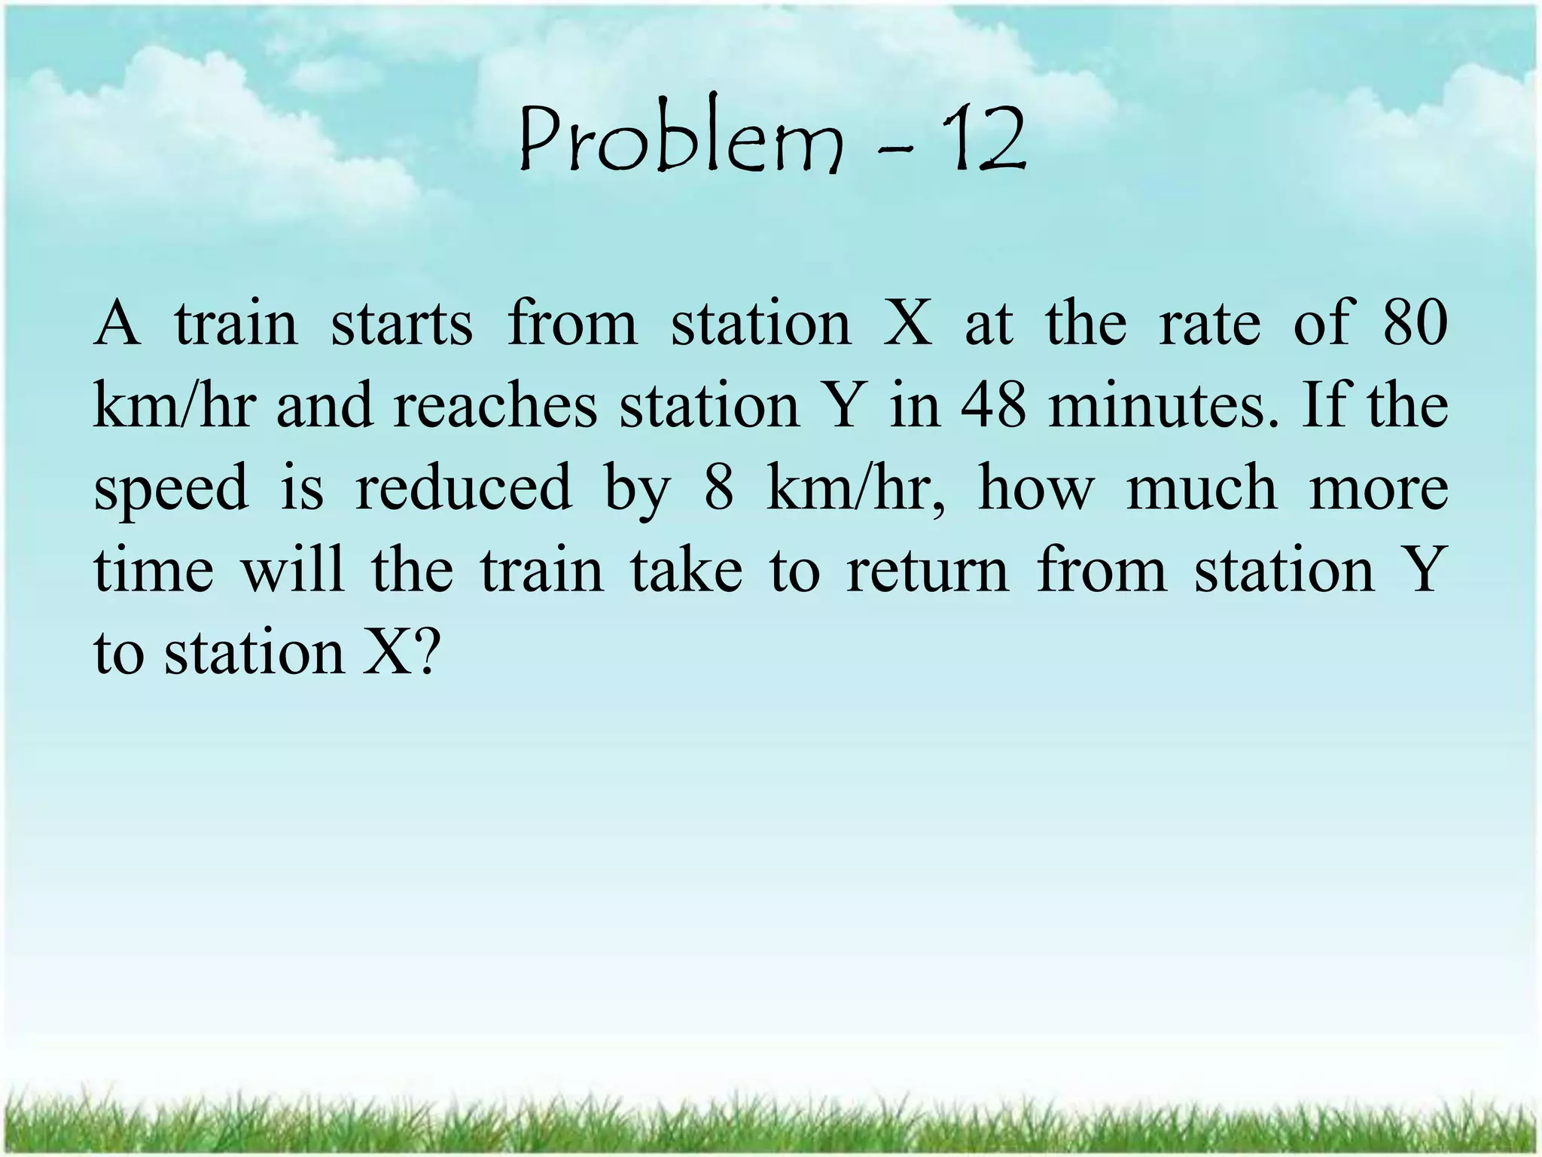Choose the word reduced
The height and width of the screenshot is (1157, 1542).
tap(463, 488)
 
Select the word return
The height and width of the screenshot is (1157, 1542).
tap(927, 570)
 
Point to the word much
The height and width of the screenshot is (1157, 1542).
tap(1202, 488)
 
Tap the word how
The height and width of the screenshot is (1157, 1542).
tap(1035, 488)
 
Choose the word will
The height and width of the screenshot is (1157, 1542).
tap(292, 570)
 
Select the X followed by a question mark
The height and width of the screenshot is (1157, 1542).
tap(384, 652)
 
